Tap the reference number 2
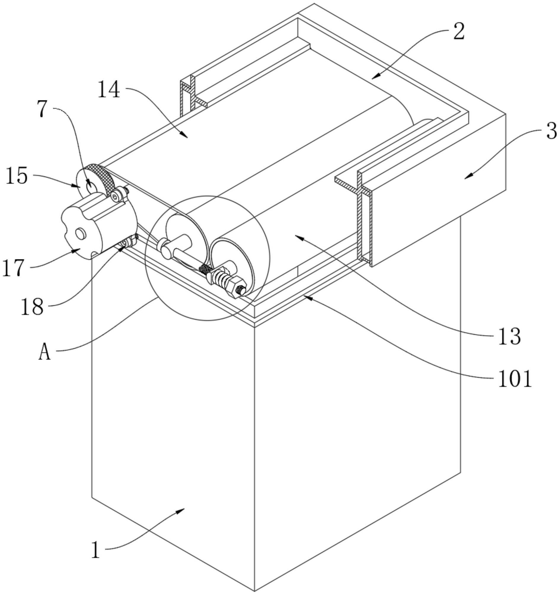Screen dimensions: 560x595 (459, 32)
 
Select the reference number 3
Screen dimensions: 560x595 (552, 131)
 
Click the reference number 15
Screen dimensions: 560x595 (17, 176)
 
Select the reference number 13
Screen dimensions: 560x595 (510, 336)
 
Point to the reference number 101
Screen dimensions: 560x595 (515, 379)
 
